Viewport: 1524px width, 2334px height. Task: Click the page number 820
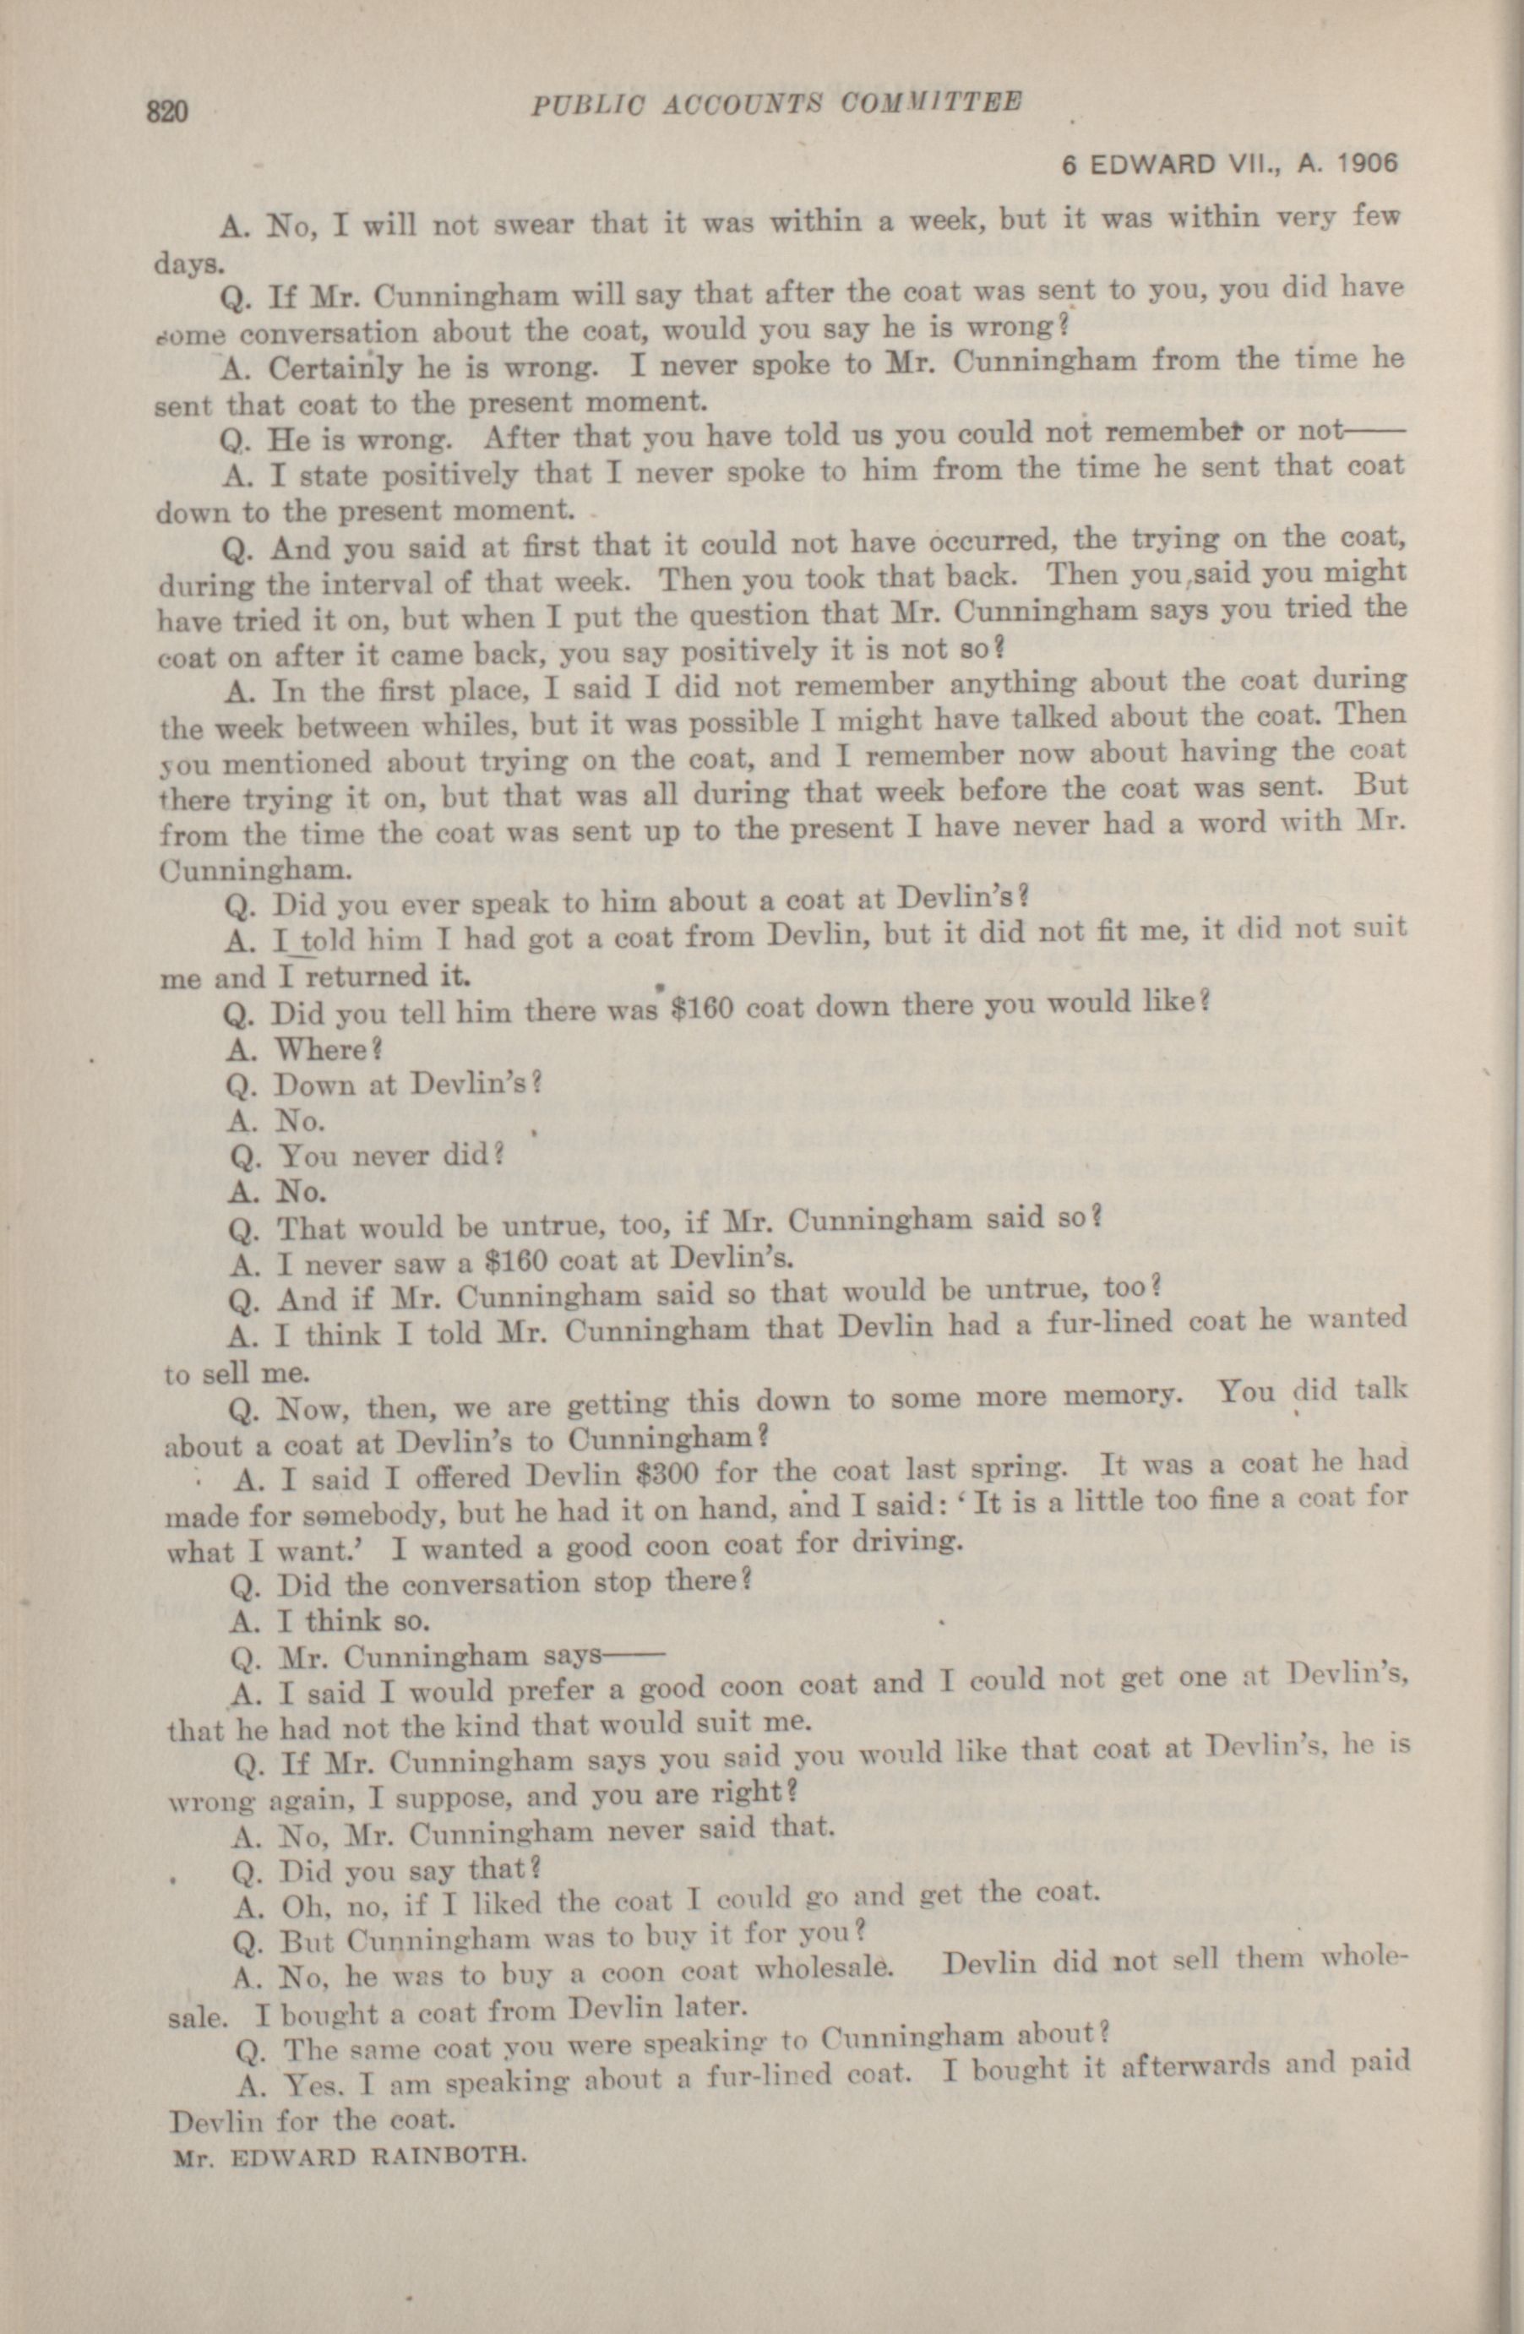(166, 111)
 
